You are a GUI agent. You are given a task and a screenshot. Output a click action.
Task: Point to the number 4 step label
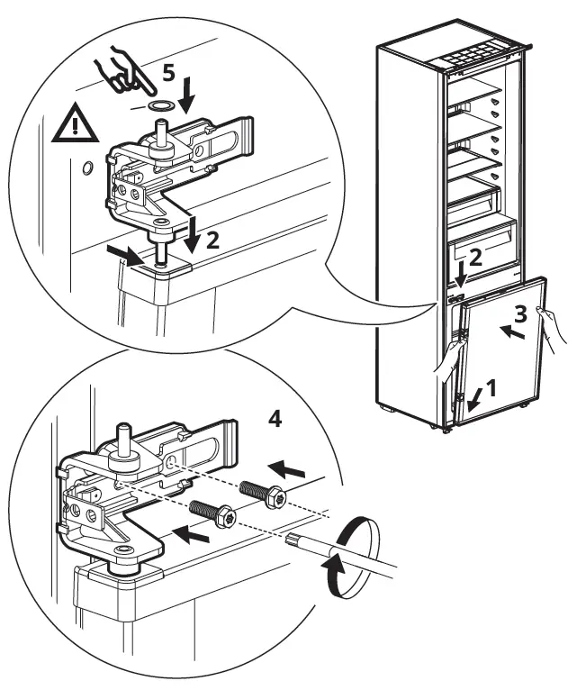coord(275,418)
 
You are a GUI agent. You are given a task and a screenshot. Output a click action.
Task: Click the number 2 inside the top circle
coord(213,241)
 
